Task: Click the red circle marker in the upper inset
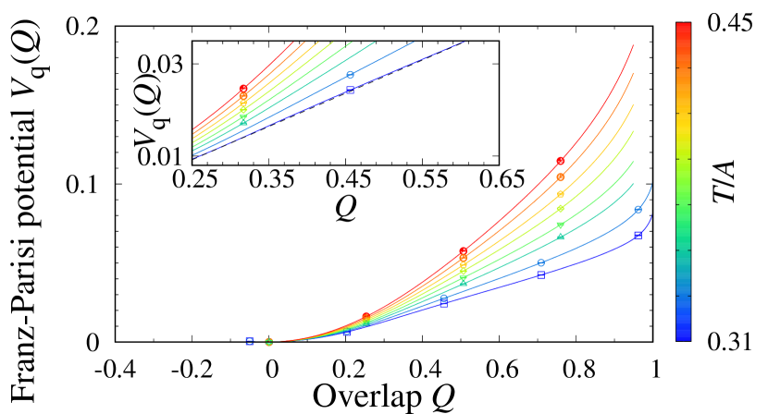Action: click(243, 89)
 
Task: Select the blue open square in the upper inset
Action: click(350, 90)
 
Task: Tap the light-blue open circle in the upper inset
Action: click(350, 75)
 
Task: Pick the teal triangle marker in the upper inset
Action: click(243, 121)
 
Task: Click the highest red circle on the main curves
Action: click(560, 161)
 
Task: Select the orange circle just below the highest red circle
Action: click(560, 177)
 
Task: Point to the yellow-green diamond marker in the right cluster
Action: click(560, 208)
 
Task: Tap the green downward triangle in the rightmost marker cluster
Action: click(560, 225)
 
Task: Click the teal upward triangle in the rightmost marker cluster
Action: click(560, 237)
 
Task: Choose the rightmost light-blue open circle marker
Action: click(638, 210)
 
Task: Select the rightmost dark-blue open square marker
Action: click(638, 235)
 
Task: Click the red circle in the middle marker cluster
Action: click(463, 251)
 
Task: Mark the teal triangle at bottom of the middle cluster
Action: click(463, 283)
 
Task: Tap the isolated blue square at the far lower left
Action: click(249, 340)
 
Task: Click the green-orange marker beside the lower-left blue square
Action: click(268, 341)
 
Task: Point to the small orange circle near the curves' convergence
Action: click(365, 317)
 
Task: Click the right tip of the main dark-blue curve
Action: click(653, 214)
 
